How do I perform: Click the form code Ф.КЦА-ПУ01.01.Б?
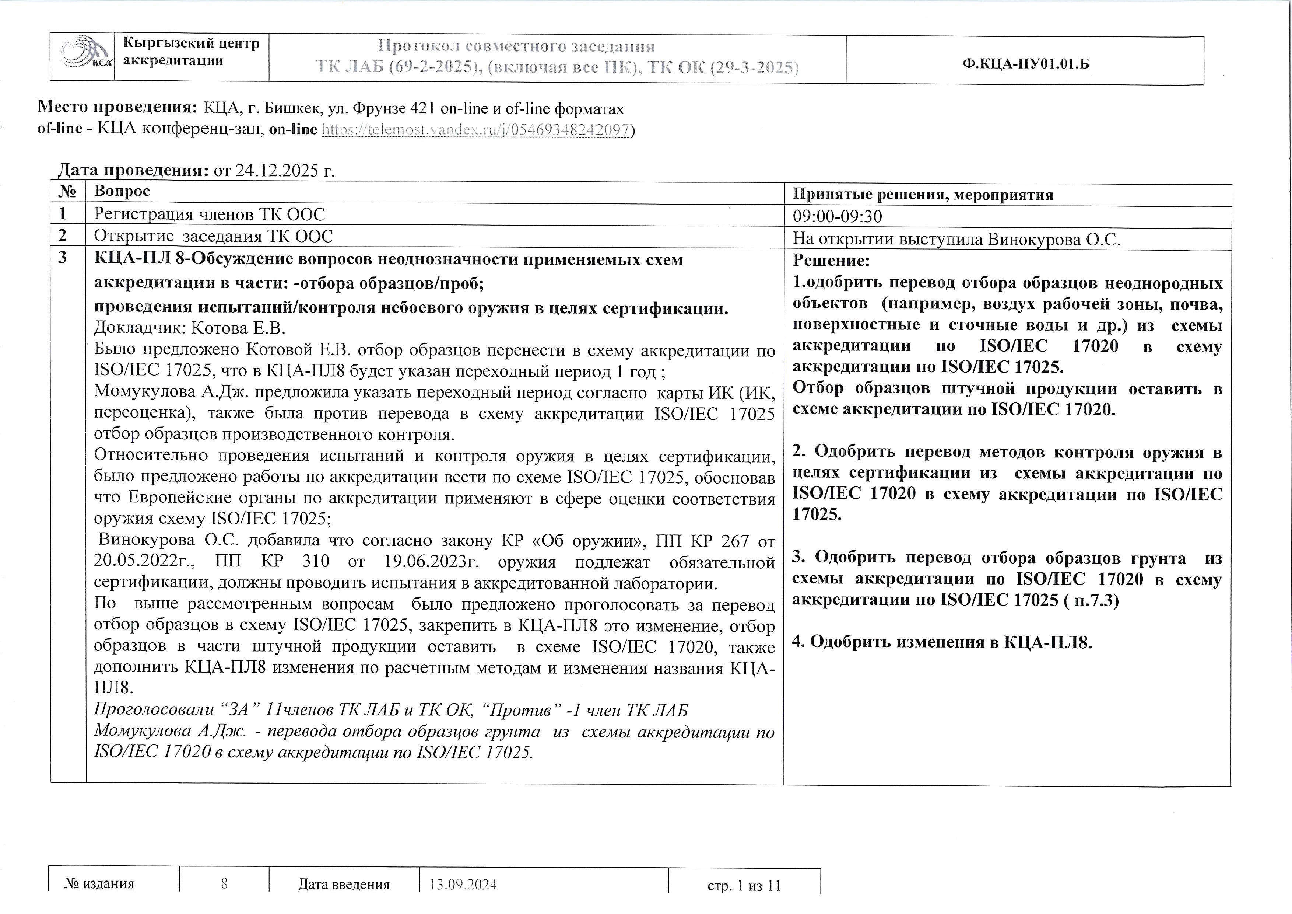pos(1026,64)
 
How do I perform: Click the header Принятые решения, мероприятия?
pos(923,195)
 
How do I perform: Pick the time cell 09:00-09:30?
pos(837,217)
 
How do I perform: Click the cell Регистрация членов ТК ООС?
pos(209,214)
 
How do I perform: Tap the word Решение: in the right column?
pos(831,261)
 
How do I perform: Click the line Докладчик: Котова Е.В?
pos(190,328)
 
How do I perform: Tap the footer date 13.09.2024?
pos(463,884)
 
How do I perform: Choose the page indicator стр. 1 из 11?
pos(744,886)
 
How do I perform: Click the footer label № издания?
pos(99,883)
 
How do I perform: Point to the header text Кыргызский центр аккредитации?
pos(191,52)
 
